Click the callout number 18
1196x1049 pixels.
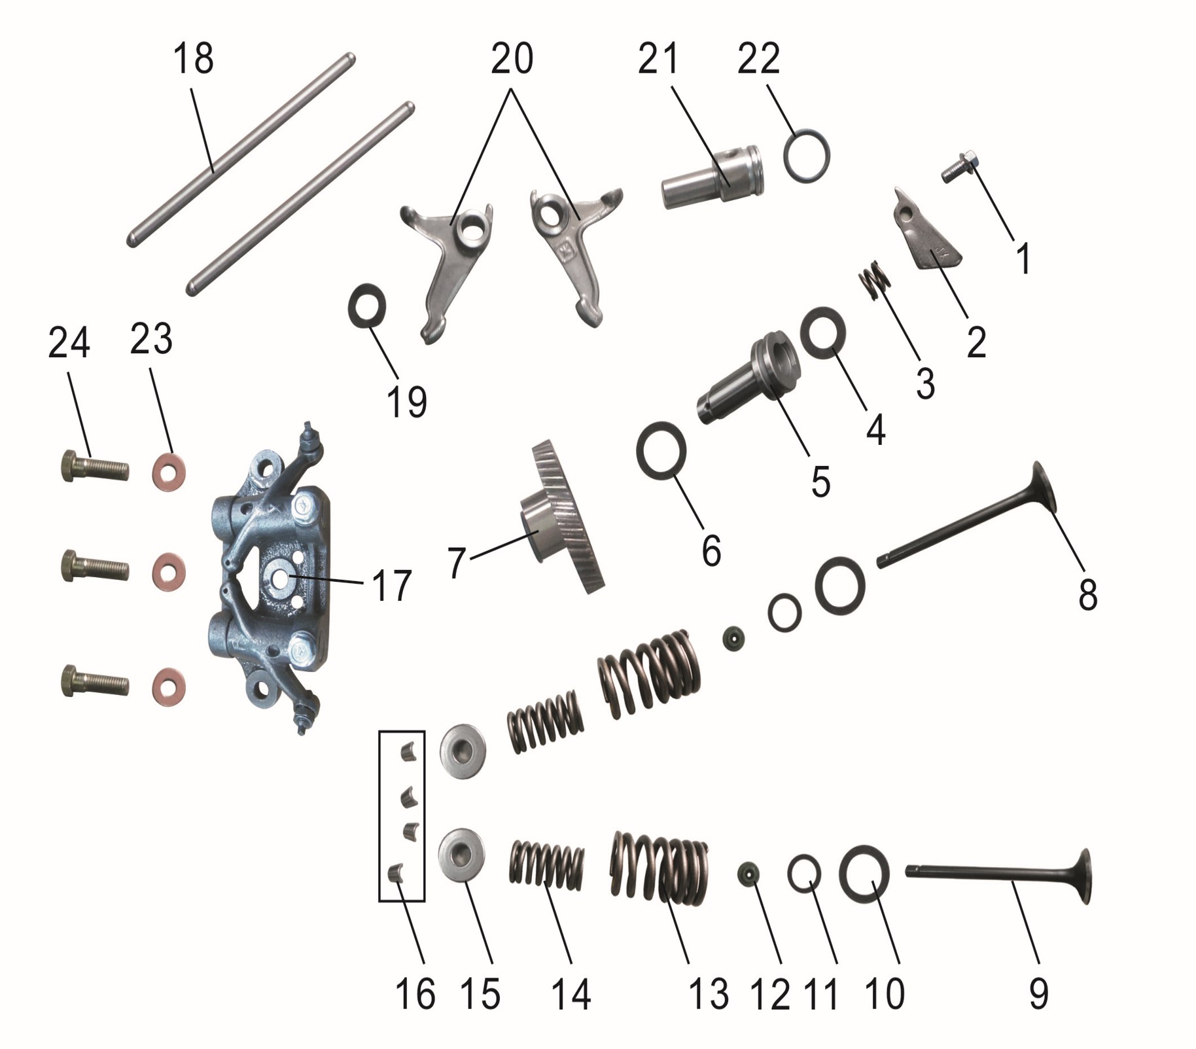click(193, 59)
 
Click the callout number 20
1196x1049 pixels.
click(512, 59)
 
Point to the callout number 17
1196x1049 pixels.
click(391, 585)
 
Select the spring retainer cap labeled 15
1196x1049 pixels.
click(463, 857)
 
